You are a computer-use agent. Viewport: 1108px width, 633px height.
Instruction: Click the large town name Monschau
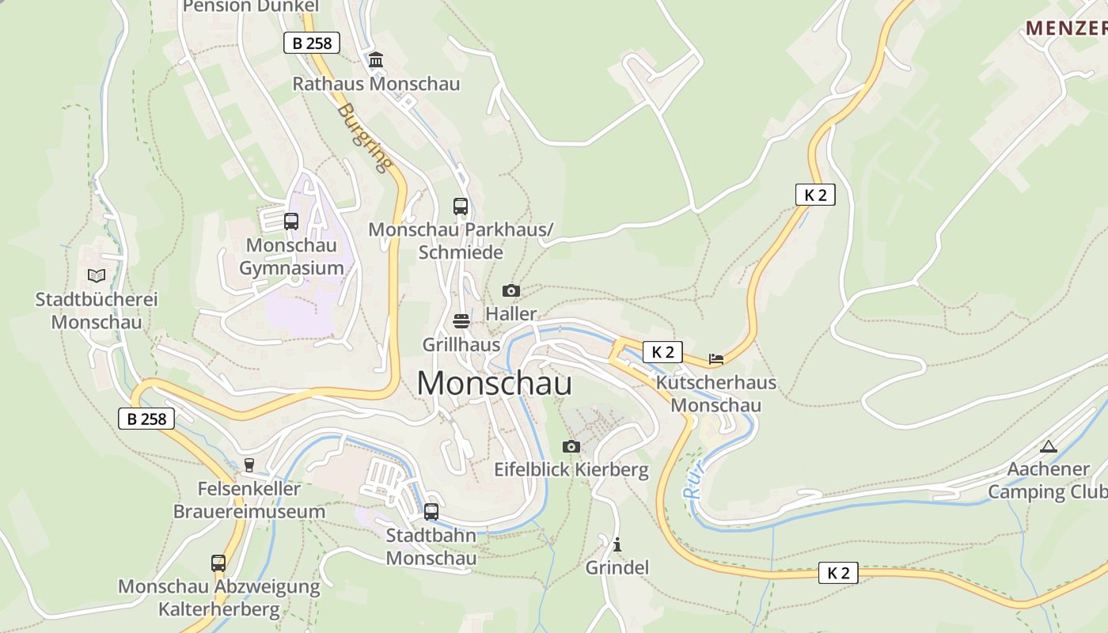[x=494, y=383]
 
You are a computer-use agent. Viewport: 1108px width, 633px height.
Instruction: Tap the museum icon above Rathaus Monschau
[x=376, y=59]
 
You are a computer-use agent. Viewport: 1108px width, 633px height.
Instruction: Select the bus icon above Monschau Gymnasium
[x=290, y=221]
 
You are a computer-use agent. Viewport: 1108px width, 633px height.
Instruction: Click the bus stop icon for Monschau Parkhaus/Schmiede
[x=461, y=206]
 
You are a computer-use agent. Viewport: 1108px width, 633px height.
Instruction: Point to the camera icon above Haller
[x=511, y=290]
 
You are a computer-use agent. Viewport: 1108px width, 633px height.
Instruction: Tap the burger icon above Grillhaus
[x=461, y=320]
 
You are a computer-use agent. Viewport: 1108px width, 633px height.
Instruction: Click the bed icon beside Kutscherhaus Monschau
[x=716, y=359]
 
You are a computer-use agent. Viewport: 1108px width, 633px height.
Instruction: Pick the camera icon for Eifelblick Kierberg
[x=571, y=446]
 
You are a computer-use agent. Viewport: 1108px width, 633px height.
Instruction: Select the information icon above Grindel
[x=617, y=544]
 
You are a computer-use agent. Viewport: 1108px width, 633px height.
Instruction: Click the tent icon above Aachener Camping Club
[x=1049, y=446]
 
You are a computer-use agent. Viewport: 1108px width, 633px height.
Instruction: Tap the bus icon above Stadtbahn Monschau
[x=431, y=511]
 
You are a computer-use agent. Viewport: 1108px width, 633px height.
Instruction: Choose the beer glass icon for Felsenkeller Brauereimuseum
[x=249, y=465]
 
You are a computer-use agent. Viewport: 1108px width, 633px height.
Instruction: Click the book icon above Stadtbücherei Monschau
[x=97, y=275]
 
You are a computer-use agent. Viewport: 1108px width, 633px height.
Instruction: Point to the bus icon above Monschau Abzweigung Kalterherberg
[x=218, y=563]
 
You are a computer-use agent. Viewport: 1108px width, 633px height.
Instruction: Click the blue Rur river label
[x=693, y=479]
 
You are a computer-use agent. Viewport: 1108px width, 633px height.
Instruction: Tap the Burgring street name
[x=365, y=137]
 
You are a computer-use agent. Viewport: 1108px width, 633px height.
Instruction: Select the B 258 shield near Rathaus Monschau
[x=312, y=43]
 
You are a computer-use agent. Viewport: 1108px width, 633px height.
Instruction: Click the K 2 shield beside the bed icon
[x=662, y=352]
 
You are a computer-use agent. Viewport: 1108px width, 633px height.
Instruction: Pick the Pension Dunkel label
[x=251, y=7]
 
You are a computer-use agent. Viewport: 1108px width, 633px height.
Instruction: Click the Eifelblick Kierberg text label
[x=571, y=470]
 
